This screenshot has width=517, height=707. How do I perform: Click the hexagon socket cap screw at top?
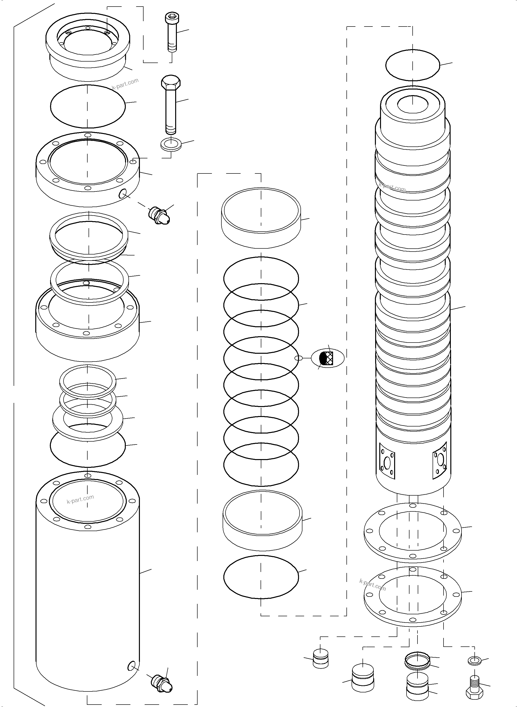[x=171, y=33]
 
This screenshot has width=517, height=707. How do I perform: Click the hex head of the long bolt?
[x=171, y=82]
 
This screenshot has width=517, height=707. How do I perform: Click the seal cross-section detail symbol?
[x=327, y=358]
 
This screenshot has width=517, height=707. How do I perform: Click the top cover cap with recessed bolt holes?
[x=88, y=47]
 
